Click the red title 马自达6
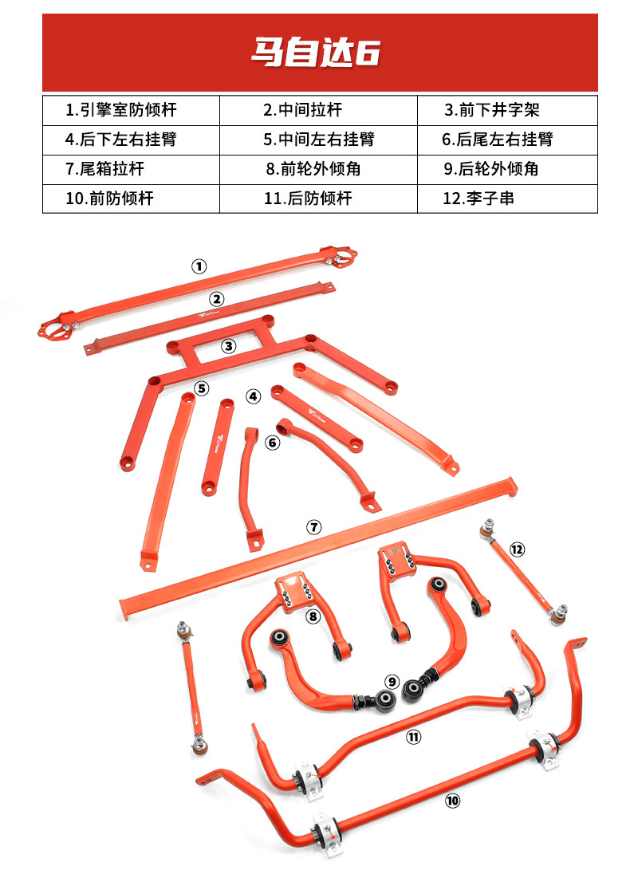(315, 53)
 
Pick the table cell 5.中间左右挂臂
(318, 140)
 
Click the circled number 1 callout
(199, 266)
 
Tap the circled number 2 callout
(217, 299)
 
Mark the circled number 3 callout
(229, 346)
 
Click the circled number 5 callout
(202, 388)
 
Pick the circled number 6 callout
(273, 442)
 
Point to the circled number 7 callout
(313, 527)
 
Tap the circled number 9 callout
(392, 682)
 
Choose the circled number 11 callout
(413, 738)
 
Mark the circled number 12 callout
(517, 549)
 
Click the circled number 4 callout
(254, 396)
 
